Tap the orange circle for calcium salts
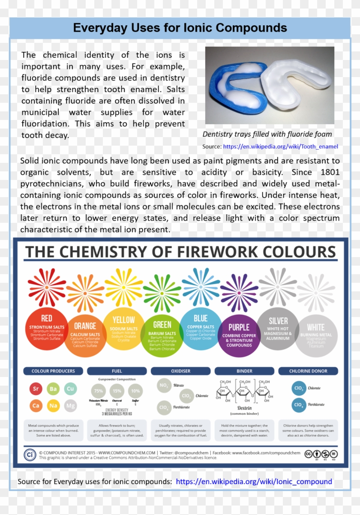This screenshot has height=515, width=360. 85,336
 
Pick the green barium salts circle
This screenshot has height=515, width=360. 162,336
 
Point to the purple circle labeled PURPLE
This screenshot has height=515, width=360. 239,336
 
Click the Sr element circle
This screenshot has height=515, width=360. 36,389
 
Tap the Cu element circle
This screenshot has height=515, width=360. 70,389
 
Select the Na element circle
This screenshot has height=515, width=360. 53,405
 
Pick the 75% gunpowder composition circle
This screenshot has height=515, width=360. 99,391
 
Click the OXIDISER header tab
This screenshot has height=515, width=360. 180,371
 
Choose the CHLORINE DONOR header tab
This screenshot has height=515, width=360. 308,371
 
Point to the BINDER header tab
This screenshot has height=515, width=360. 244,371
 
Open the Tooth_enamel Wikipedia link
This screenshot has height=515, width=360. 280,147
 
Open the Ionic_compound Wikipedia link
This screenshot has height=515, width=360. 254,482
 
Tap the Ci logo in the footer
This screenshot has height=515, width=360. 30,455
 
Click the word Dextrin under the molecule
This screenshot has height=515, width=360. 244,408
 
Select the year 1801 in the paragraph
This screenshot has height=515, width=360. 330,172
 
